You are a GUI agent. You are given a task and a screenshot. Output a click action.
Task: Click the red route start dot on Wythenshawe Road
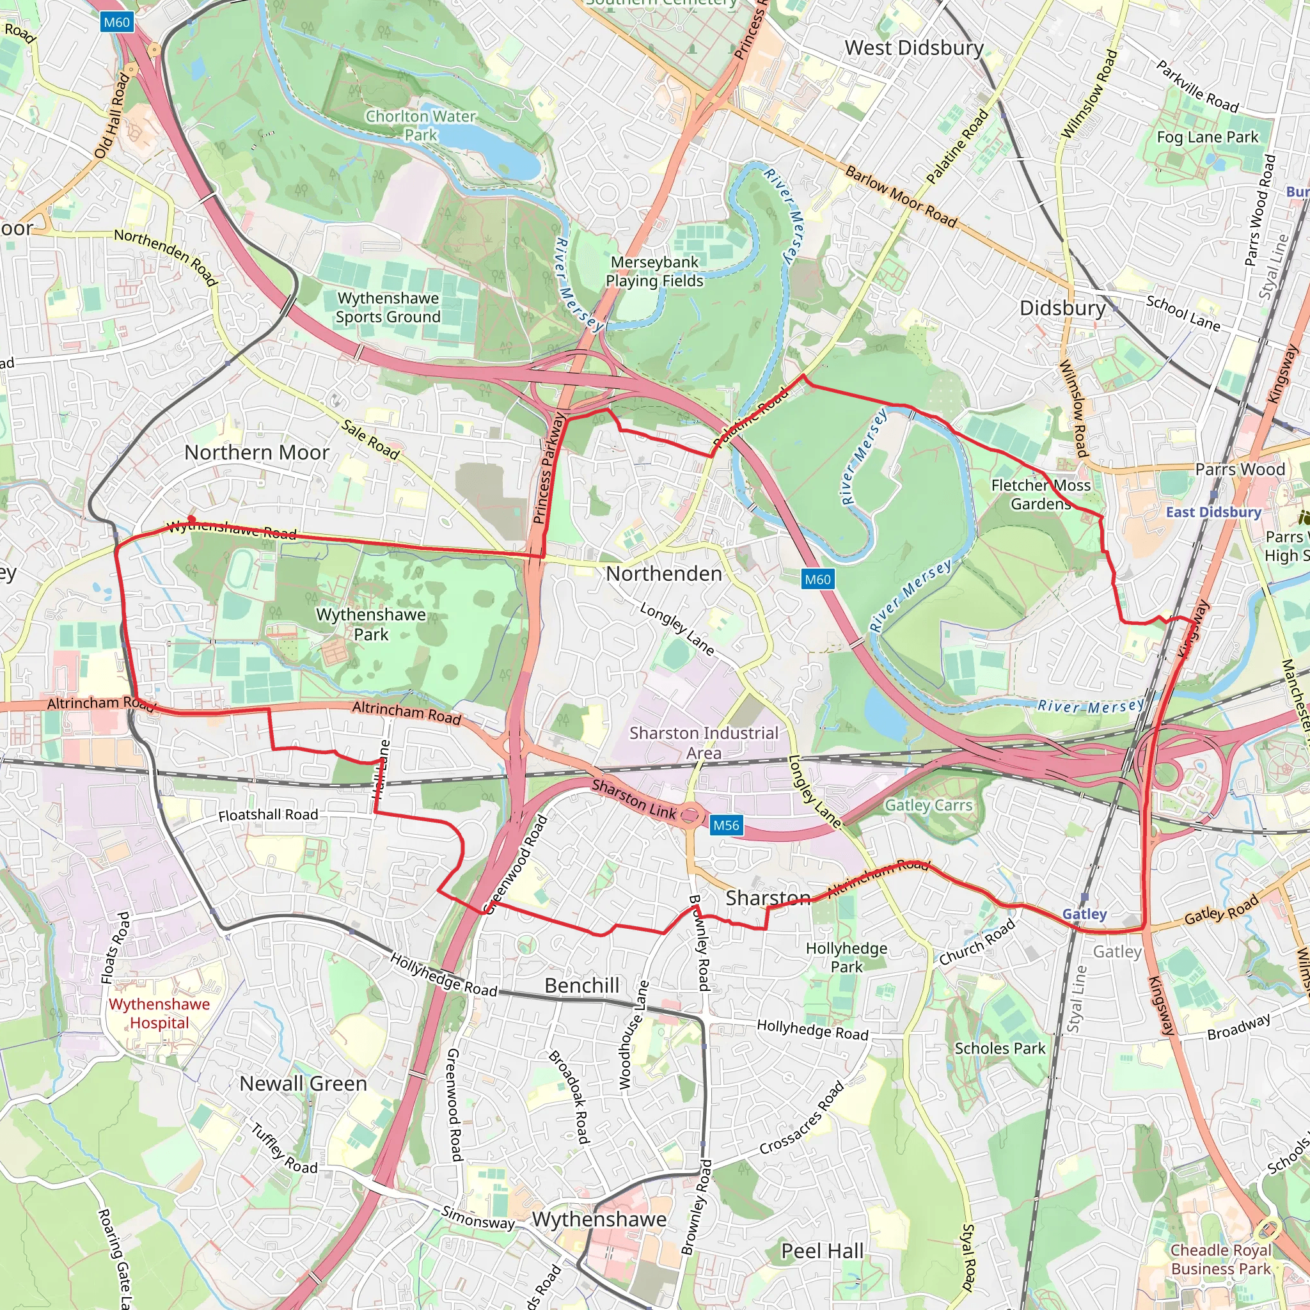(192, 519)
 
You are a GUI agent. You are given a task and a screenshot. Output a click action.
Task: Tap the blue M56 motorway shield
(725, 825)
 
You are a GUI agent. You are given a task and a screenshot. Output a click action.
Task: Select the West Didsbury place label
(914, 47)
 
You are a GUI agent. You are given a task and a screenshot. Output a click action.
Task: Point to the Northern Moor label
(257, 452)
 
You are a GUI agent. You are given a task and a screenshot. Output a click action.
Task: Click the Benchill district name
(582, 985)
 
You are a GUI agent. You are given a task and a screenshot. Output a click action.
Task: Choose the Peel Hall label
(823, 1251)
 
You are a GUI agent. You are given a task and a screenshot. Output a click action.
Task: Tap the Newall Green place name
(303, 1084)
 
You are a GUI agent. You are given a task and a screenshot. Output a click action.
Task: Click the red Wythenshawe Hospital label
(159, 1014)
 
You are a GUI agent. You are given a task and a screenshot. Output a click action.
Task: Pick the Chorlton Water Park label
(421, 125)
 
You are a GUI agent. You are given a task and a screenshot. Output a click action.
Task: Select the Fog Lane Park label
(1207, 137)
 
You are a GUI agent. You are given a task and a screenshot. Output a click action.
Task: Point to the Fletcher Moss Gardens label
(1041, 494)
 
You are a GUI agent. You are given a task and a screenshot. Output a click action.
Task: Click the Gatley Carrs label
(928, 805)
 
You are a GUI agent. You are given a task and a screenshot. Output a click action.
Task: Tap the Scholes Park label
(1000, 1048)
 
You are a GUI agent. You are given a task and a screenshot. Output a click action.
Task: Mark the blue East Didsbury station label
(1213, 512)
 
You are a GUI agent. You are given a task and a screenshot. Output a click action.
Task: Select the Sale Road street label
(370, 439)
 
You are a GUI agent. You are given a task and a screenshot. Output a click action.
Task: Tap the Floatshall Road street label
(268, 814)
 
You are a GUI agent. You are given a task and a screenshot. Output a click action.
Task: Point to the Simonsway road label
(478, 1218)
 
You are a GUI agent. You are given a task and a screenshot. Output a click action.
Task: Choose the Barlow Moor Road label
(901, 196)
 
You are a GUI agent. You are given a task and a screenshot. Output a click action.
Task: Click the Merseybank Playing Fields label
(654, 271)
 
